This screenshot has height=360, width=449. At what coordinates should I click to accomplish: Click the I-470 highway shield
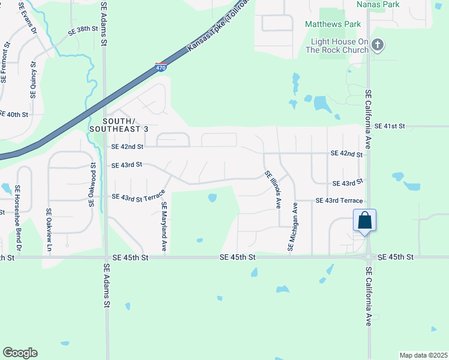[161, 67]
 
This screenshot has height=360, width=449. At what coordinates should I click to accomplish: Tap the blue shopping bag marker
[365, 221]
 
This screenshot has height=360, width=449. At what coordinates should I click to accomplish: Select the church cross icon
[378, 44]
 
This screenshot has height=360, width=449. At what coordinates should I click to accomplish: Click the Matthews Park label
[333, 25]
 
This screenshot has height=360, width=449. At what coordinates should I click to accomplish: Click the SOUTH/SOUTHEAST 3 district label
[118, 125]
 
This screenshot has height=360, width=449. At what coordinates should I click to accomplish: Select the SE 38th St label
[83, 29]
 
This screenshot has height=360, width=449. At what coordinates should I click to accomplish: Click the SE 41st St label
[390, 126]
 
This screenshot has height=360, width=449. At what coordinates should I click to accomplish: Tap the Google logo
[20, 352]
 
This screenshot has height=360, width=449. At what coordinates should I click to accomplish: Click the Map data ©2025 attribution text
[423, 355]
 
